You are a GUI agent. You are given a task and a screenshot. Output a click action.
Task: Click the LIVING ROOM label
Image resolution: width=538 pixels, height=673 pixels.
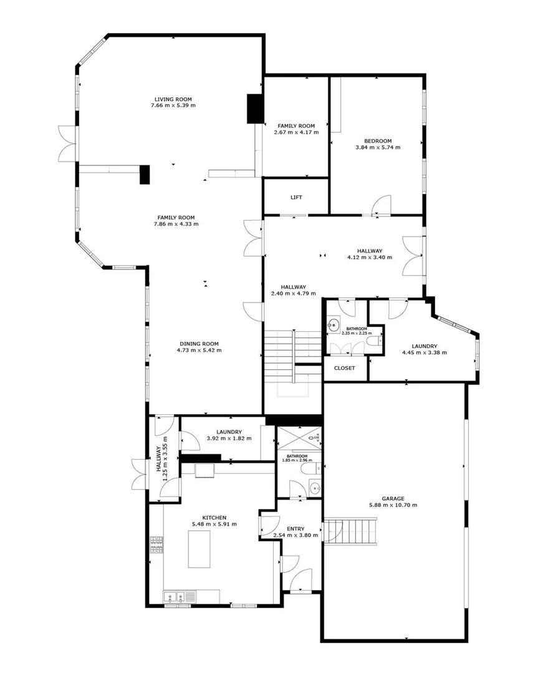[x=173, y=99]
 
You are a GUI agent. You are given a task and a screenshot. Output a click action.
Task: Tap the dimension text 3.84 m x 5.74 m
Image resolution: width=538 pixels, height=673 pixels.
[x=378, y=147]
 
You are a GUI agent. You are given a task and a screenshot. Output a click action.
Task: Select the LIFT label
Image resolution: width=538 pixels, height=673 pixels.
[x=296, y=198]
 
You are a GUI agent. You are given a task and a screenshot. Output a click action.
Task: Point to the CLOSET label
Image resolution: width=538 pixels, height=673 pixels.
[x=345, y=368]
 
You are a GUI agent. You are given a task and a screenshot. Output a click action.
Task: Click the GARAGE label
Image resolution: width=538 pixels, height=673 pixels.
[x=393, y=499]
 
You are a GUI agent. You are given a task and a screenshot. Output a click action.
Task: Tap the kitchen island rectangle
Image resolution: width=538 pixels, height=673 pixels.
[x=199, y=549]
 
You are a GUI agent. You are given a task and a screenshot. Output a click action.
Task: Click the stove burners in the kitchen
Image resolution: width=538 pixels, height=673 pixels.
[x=156, y=545]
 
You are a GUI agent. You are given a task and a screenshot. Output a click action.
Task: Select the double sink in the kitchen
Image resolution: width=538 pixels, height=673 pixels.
[x=174, y=597]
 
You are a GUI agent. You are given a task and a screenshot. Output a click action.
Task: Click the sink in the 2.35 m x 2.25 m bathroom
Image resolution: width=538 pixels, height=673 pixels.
[x=333, y=324]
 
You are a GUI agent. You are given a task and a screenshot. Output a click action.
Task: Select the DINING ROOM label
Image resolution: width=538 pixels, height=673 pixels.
[x=199, y=344]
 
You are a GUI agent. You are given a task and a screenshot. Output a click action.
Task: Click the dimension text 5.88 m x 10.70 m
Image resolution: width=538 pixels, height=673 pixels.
[x=393, y=505]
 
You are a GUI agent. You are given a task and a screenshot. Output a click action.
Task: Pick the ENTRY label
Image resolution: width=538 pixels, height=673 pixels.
[x=295, y=529]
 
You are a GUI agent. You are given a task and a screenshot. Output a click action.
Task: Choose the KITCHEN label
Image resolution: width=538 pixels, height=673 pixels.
[x=214, y=518]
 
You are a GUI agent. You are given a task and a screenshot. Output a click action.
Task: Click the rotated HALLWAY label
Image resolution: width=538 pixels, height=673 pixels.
[x=158, y=459]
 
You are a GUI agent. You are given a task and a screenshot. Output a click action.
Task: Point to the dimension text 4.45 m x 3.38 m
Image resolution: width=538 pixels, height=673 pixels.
[x=425, y=353]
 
